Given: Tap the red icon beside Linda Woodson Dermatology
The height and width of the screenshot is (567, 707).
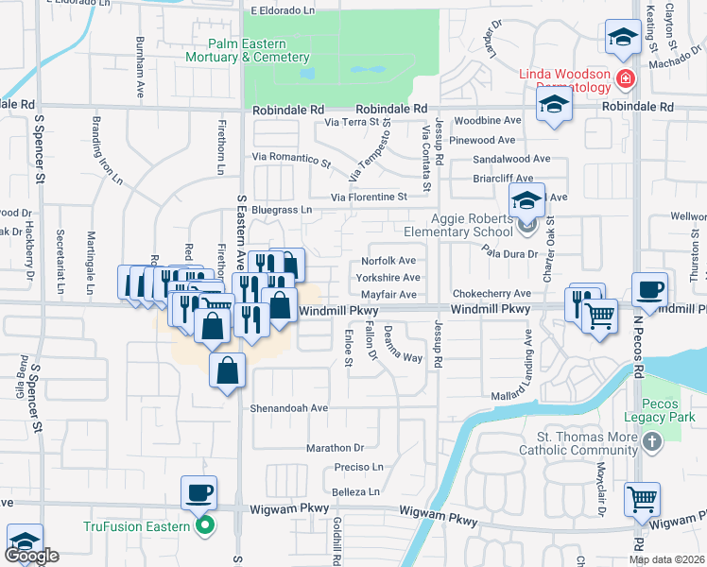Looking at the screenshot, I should point(623,77).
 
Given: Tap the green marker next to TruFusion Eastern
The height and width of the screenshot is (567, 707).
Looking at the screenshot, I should point(202,526).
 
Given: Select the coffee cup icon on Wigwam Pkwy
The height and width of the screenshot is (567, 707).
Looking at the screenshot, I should point(199,492).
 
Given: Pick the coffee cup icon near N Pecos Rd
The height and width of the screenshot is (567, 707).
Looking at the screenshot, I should point(648,290).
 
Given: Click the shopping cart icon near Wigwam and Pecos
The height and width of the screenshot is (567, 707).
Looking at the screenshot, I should point(642,498).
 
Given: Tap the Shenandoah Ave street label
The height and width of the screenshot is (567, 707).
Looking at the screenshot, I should point(288,408).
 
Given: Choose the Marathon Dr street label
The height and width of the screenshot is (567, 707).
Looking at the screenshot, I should point(335,447).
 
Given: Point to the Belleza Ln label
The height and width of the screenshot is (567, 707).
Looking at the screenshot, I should point(355,492).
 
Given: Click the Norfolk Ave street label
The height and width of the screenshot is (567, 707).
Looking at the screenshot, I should point(389,262).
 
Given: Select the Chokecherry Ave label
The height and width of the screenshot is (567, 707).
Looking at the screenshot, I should point(491,294).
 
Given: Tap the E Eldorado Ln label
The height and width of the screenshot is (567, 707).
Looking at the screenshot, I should point(282,10).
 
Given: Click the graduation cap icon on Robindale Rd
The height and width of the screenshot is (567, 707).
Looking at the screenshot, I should point(555,105).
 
